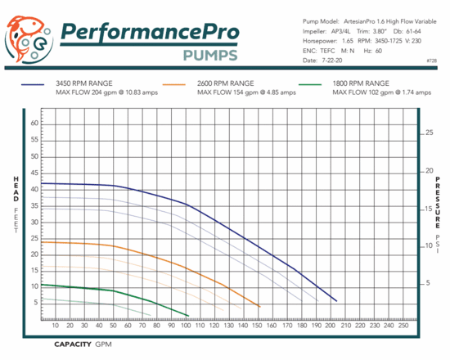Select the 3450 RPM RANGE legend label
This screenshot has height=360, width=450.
[91, 83]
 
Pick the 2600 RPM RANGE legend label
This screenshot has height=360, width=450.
[226, 83]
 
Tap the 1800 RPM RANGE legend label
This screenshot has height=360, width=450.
[361, 83]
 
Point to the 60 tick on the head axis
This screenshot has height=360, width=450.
[35, 123]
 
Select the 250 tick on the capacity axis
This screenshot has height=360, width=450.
[403, 326]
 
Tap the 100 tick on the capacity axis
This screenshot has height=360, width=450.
[186, 326]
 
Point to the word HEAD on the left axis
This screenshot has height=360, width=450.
[15, 190]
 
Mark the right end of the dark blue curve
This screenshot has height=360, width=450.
[336, 301]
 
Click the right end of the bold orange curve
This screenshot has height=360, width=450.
[260, 307]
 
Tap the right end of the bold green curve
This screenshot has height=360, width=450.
[189, 316]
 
